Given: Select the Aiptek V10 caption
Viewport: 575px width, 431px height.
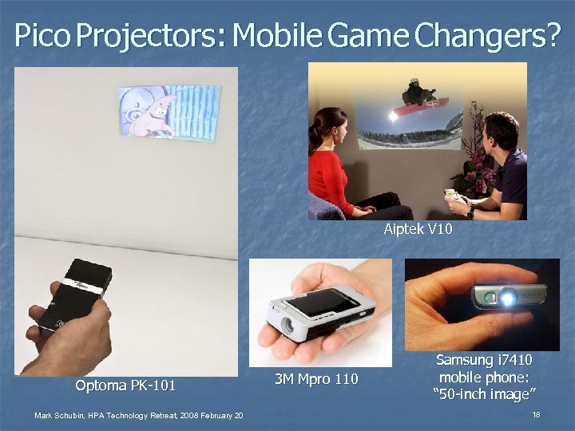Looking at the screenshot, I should pos(418,230).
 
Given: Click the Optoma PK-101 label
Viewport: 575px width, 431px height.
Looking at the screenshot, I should pos(125,386).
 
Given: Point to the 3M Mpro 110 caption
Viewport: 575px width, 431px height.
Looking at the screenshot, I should pos(316,378).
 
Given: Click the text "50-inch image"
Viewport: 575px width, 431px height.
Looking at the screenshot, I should pos(484,394).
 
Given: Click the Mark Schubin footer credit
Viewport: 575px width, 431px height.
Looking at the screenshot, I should pos(138,415).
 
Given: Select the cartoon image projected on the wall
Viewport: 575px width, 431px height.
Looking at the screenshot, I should pos(168,112).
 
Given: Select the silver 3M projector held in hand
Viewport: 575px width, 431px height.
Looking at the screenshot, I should pos(319,307).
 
